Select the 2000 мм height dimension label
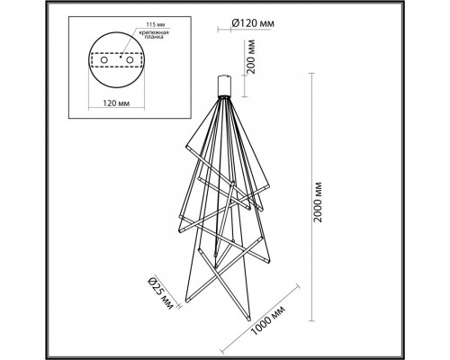pos(334,194)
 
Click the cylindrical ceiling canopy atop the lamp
pos(227,85)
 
